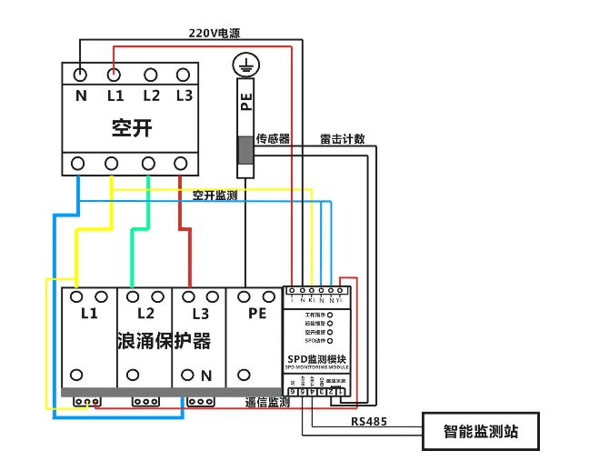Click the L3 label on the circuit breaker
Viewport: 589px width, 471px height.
[x=184, y=95]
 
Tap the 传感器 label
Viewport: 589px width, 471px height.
[x=272, y=139]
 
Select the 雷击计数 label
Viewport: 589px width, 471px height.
[x=342, y=139]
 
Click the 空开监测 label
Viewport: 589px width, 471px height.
[x=215, y=195]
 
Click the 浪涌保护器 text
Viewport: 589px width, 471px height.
[x=164, y=341]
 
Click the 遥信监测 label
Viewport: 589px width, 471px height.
[x=266, y=401]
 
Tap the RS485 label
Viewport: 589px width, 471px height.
[x=368, y=422]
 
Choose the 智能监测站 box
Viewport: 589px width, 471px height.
[x=481, y=431]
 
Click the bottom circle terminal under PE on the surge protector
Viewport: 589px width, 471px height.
[x=245, y=375]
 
